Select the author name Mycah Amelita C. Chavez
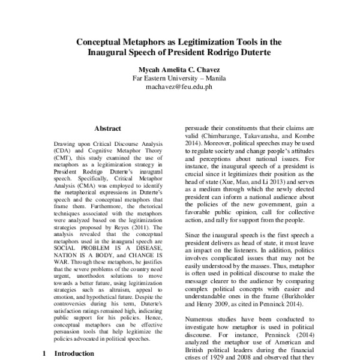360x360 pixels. (179, 69)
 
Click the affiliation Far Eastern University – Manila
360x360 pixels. (179, 78)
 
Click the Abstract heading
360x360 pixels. (108, 128)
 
